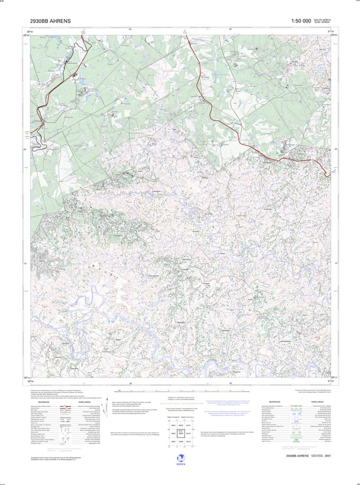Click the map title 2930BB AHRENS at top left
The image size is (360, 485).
pyautogui.click(x=50, y=21)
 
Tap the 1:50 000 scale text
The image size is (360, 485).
pyautogui.click(x=301, y=21)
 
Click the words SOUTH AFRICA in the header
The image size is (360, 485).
pyautogui.click(x=322, y=19)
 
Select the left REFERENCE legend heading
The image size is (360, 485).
pyautogui.click(x=43, y=402)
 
